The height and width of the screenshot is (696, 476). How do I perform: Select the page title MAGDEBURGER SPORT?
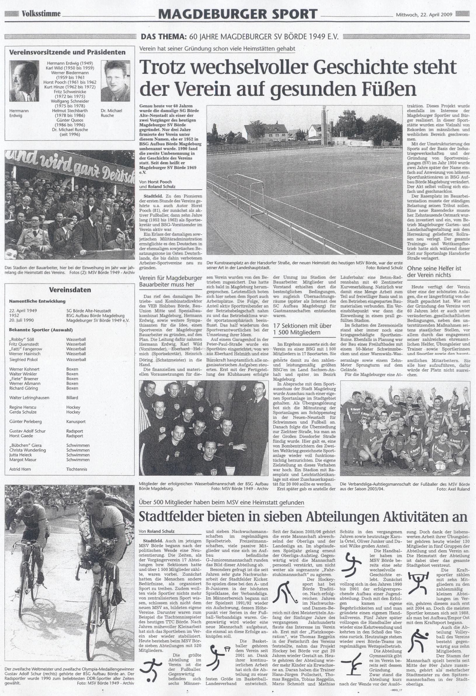[x=238, y=14]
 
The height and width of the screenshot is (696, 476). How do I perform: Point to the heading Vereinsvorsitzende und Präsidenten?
[x=67, y=52]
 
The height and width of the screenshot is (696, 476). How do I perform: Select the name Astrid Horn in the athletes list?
[x=20, y=469]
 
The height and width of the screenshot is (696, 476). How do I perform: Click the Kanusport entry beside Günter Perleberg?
[x=76, y=421]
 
